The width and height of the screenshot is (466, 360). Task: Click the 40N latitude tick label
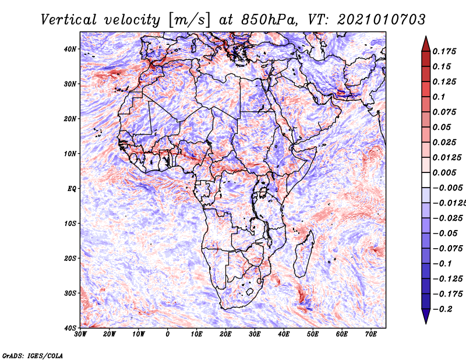(70, 49)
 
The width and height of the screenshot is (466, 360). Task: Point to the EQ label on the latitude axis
(72, 189)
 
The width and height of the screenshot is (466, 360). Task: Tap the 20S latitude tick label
(70, 258)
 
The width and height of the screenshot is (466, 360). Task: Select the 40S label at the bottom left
(70, 328)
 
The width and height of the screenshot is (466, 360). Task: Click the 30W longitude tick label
(80, 334)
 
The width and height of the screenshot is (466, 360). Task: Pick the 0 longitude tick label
(168, 334)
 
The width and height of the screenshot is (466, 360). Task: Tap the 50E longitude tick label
(313, 334)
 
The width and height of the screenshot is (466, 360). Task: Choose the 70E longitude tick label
(371, 334)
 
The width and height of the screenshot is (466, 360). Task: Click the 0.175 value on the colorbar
(444, 51)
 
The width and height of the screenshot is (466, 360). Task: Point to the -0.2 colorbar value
(443, 309)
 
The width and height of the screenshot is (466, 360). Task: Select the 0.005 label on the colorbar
(444, 172)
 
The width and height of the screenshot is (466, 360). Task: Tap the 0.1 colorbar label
(439, 97)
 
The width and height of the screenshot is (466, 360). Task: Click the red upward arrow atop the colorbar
(426, 44)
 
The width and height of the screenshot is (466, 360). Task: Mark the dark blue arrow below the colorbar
(426, 316)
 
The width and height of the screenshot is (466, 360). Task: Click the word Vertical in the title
(69, 20)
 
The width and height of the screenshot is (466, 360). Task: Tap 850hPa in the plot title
(270, 20)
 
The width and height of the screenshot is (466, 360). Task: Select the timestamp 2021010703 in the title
(382, 20)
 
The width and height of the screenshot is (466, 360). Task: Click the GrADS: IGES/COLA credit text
(33, 355)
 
